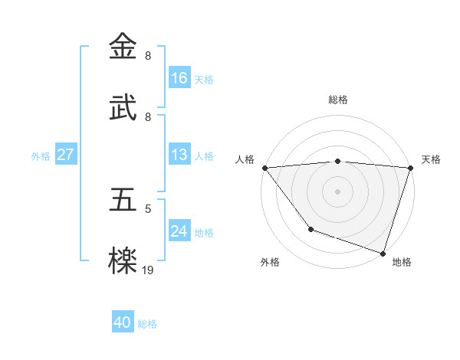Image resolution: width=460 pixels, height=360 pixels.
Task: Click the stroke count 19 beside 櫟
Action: (148, 270)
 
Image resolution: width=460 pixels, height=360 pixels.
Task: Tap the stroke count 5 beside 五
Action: (148, 208)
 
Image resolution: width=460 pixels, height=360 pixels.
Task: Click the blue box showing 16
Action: (179, 78)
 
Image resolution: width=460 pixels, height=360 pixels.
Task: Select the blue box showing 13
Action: (179, 155)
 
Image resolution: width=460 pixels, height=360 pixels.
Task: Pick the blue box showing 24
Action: (179, 231)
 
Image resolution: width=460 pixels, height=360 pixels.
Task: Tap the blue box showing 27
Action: (66, 155)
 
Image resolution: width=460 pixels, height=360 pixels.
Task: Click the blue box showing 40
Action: (123, 322)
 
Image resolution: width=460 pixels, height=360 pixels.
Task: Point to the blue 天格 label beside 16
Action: (204, 79)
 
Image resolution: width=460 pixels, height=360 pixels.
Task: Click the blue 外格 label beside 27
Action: (41, 155)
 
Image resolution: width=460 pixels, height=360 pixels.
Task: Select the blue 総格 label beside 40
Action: (147, 323)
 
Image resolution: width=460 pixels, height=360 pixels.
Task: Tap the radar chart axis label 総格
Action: (338, 100)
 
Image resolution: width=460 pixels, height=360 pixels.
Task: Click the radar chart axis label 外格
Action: (270, 262)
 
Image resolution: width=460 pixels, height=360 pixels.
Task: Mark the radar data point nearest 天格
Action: (410, 168)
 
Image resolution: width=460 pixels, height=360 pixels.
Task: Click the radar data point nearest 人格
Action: (265, 168)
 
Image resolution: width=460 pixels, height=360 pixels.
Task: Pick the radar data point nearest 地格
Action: (383, 253)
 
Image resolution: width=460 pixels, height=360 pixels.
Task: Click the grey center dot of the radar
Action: (338, 191)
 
